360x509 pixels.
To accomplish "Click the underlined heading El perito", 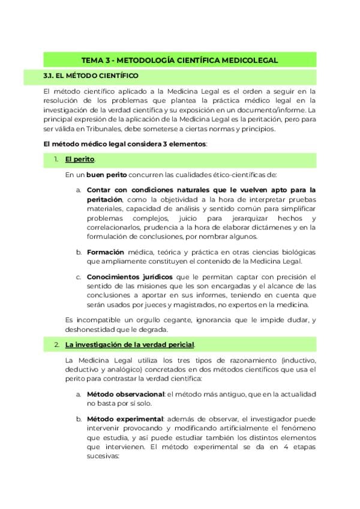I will point(79,160).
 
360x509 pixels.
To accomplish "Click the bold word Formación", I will point(106,251).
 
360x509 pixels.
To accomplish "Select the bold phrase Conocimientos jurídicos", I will point(130,277).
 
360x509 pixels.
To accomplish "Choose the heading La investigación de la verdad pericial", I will point(130,345).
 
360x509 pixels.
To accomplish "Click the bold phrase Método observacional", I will point(125,394).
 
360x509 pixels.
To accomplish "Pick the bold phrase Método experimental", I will point(125,418).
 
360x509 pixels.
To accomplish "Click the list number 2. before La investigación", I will point(56,345).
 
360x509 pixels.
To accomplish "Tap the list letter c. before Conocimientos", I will point(79,277).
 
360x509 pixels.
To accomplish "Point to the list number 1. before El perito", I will point(56,160).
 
